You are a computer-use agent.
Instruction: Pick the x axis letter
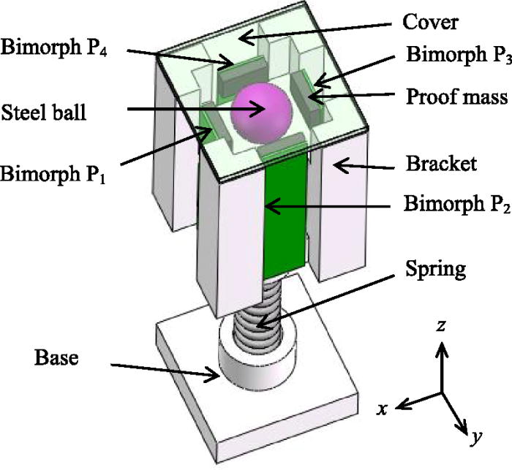(381, 410)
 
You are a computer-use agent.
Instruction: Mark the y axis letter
(476, 439)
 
